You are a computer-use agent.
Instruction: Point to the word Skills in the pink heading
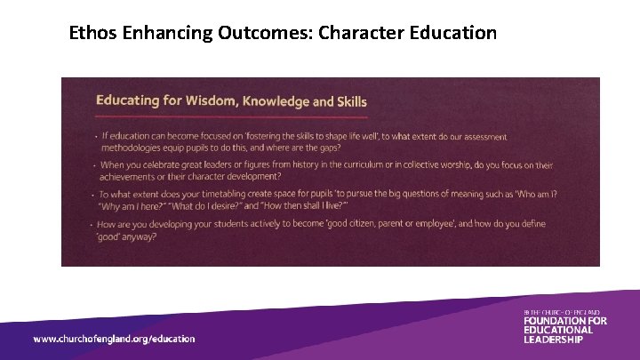point(347,101)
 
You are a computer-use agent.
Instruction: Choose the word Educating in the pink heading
point(131,100)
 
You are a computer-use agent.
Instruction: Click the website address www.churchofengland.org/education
point(114,339)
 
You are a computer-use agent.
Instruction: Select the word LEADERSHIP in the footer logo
point(553,340)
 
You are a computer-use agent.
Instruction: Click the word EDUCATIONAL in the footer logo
point(557,330)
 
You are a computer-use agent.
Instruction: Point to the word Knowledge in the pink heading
point(274,100)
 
